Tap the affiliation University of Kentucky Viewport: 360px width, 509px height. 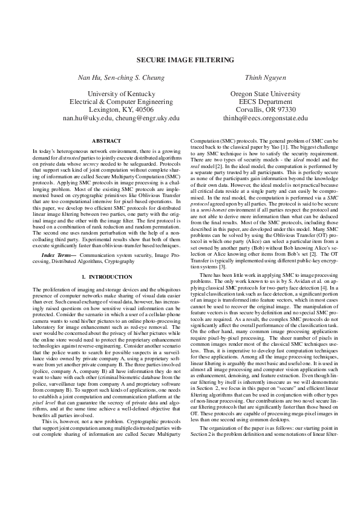(121, 94)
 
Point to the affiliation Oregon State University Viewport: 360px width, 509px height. (260, 94)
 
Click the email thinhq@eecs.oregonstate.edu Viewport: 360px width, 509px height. (260, 119)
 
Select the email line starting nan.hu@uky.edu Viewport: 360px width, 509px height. (121, 119)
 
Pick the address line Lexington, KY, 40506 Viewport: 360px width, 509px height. (121, 111)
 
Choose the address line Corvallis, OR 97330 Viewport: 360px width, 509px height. (260, 111)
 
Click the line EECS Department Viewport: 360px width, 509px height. (260, 102)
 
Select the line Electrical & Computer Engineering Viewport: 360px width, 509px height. (121, 102)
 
